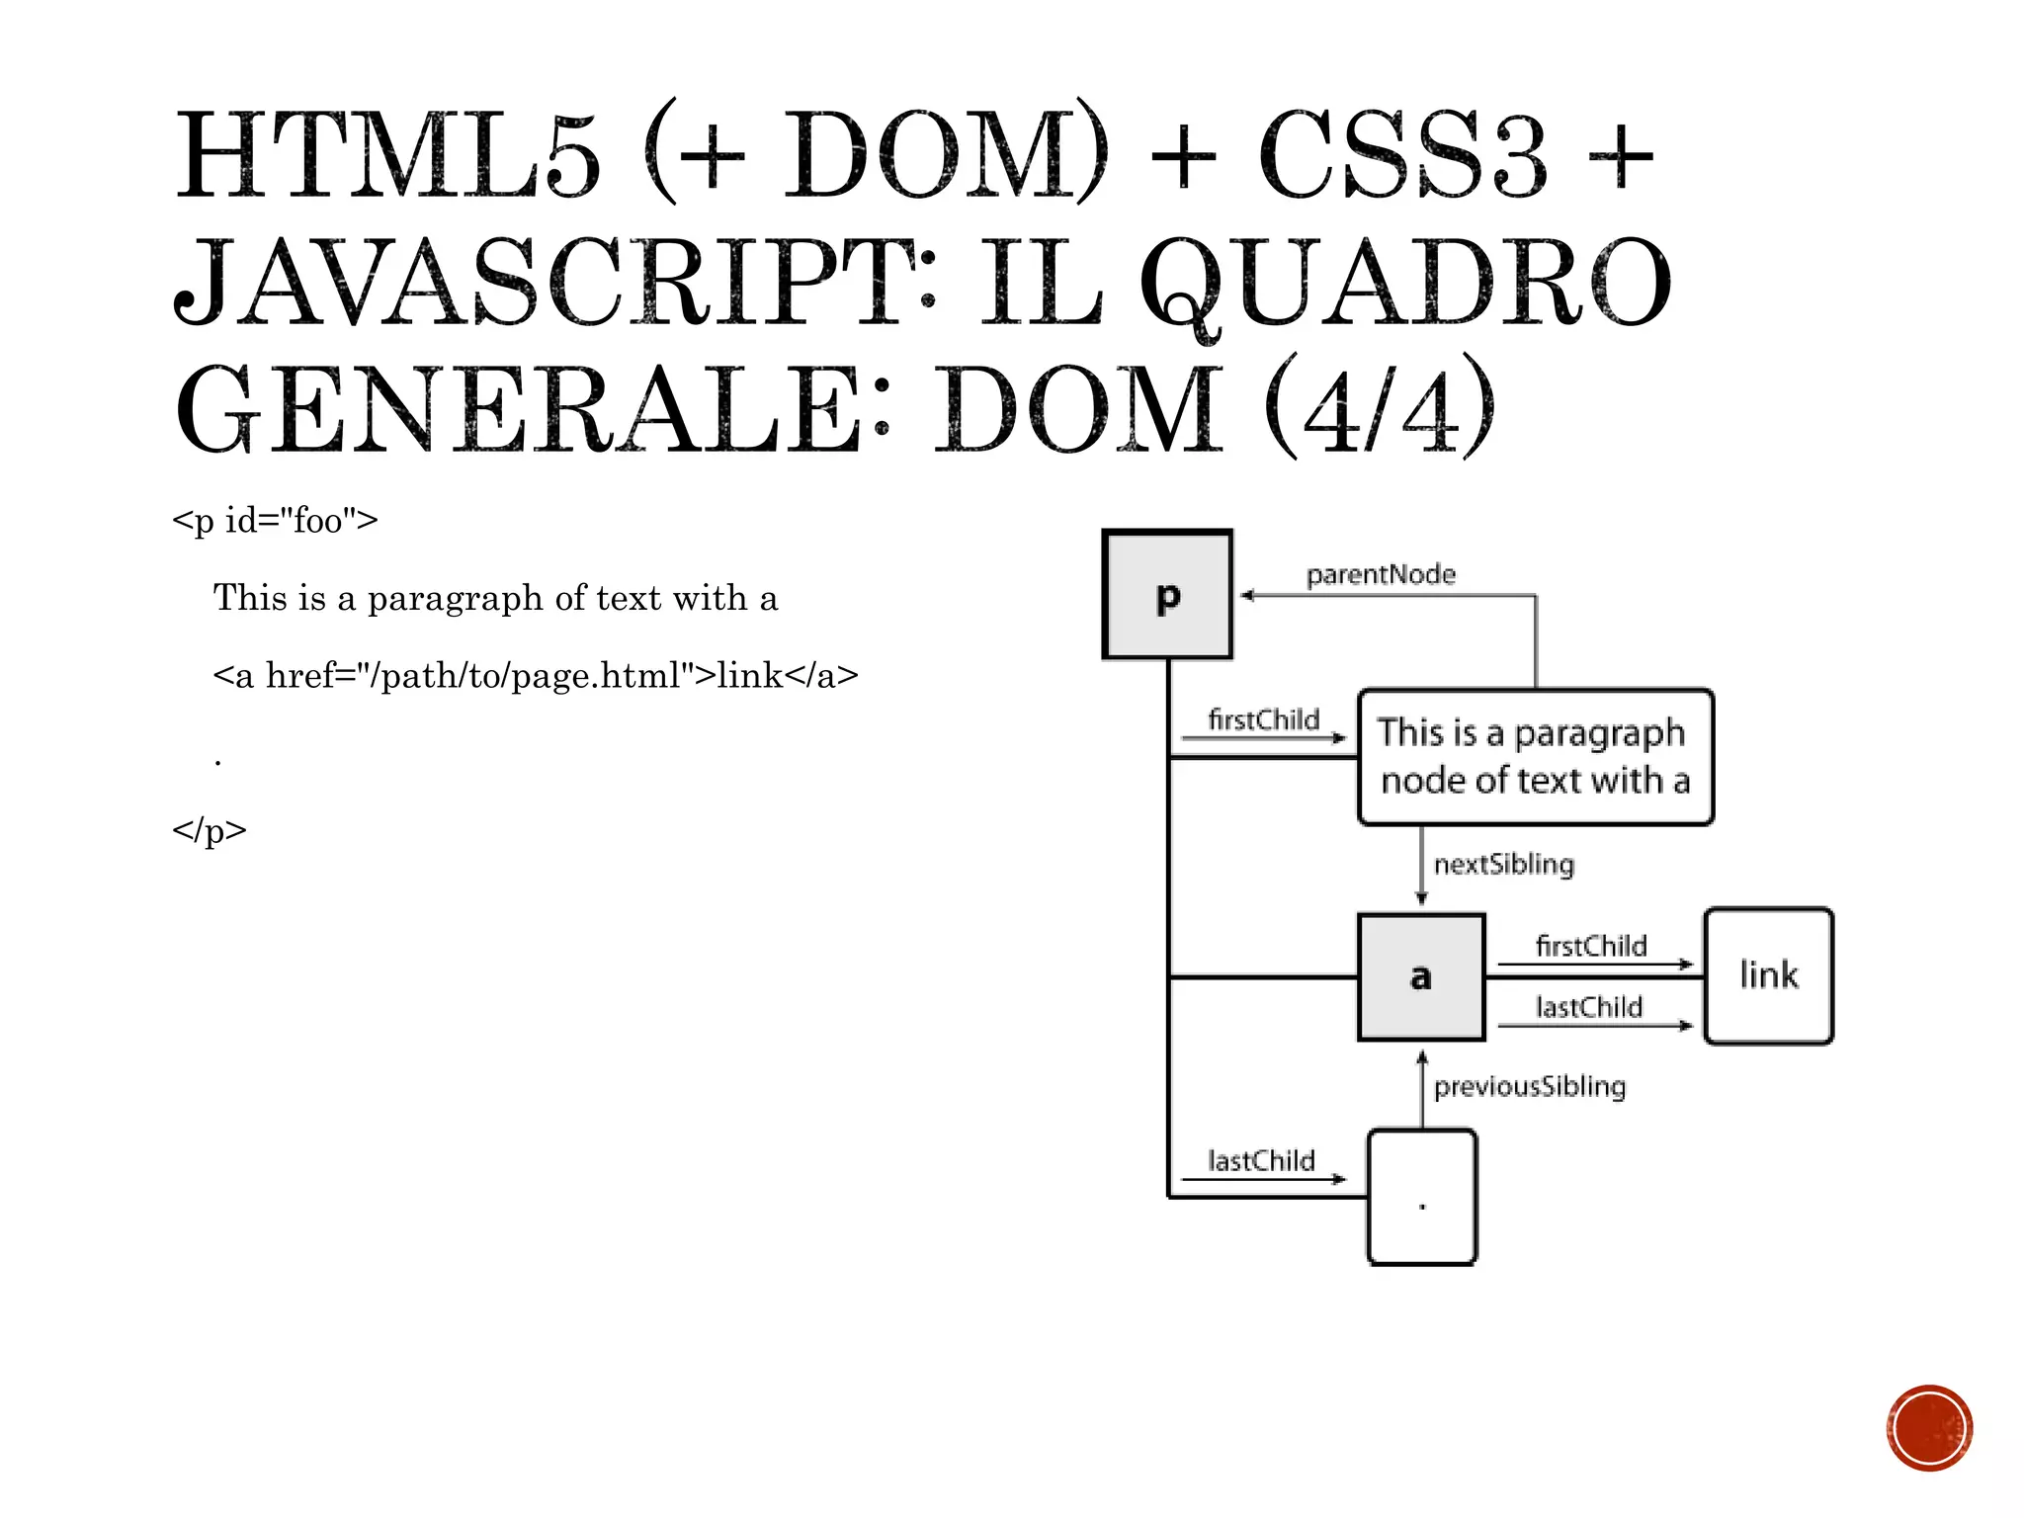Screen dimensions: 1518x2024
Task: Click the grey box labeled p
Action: pos(1167,594)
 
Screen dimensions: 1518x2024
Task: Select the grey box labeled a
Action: pos(1421,976)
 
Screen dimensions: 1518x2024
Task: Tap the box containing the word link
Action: pos(1768,975)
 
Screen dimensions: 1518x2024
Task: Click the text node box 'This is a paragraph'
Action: pos(1535,757)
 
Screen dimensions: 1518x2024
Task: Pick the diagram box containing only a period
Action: pos(1422,1197)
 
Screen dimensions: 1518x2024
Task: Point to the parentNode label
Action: pos(1381,574)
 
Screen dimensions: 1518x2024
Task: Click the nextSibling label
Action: pos(1503,864)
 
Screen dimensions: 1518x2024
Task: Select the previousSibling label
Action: pos(1529,1086)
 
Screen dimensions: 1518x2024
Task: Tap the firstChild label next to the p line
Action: pos(1263,719)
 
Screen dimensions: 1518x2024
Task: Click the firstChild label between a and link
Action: pos(1591,946)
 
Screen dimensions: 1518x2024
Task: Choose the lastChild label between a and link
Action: pos(1589,1007)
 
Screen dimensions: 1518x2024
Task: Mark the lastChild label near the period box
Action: pos(1261,1160)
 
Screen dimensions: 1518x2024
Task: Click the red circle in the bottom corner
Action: pos(1929,1428)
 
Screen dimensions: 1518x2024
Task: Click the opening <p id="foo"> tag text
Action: pos(275,520)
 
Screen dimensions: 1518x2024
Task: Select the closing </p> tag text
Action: pos(210,829)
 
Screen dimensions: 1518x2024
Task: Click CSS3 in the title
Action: pos(1402,155)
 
